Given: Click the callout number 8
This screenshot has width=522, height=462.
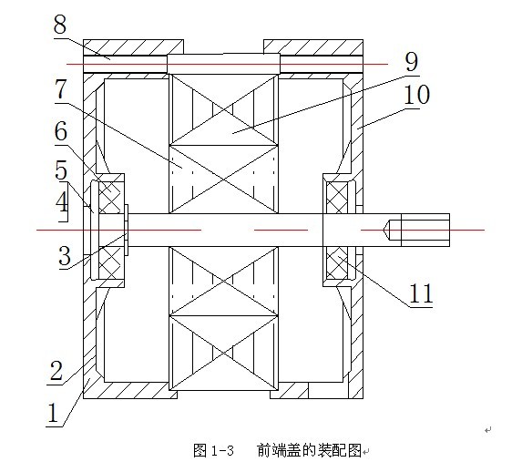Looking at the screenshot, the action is point(60,25).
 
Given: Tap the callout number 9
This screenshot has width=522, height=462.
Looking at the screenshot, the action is point(412,62).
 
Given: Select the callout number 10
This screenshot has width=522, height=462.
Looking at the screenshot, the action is point(417,95).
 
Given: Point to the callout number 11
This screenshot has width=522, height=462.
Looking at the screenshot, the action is point(421,293).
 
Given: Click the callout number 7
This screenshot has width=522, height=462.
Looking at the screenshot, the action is point(61,89).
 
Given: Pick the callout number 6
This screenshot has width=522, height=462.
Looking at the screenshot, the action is point(61,131).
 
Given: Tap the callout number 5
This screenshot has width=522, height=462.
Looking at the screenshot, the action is point(61,170).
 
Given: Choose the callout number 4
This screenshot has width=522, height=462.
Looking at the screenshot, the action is point(62,201).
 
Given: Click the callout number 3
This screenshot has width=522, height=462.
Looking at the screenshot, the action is point(65,256).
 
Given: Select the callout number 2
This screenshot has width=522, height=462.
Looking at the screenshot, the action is point(56,371).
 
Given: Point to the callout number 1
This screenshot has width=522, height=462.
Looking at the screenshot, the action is point(53,413).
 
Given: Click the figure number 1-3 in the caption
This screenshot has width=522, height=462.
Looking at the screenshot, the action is point(222,451).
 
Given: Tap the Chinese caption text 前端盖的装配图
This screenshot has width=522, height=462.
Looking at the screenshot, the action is point(309,451).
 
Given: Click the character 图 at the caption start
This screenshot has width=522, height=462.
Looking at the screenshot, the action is point(200,451).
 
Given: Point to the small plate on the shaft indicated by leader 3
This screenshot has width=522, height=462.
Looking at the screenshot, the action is point(126,230).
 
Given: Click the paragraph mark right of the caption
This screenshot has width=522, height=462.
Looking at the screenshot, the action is point(366,452).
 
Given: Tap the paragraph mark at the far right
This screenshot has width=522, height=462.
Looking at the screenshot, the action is point(488,430).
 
